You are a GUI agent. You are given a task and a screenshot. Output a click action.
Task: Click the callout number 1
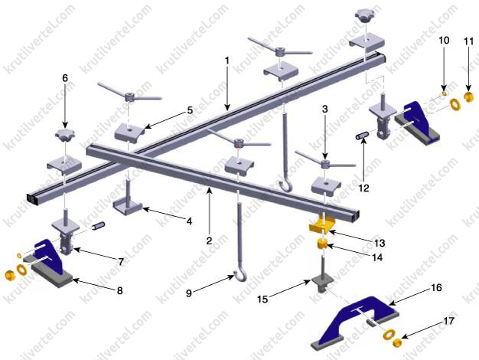coord(226,61)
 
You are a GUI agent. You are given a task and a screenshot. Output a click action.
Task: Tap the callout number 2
coord(209,241)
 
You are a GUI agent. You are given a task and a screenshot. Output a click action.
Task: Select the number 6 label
coord(65,78)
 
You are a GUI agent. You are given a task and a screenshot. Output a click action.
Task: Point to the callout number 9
coord(189,293)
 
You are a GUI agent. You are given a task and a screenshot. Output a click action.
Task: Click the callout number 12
coord(363,188)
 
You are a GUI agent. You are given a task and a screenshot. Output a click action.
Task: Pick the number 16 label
coord(437,287)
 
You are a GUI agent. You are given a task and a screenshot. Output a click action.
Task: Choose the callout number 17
coord(448,321)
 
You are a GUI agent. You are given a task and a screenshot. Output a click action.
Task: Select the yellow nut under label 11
coord(469,97)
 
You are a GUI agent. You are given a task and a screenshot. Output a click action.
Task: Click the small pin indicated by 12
coord(360,135)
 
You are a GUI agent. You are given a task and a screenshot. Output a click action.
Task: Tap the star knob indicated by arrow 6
coord(65,135)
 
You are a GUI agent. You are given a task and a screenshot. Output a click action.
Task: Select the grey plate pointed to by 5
coord(129,133)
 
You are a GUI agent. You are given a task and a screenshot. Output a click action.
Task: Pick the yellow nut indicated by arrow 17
coord(396,343)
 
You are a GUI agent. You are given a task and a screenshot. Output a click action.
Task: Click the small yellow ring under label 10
coord(444,93)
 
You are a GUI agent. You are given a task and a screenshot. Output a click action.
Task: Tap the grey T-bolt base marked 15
coord(320,284)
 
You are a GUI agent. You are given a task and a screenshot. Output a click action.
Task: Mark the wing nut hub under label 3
coord(326,163)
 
